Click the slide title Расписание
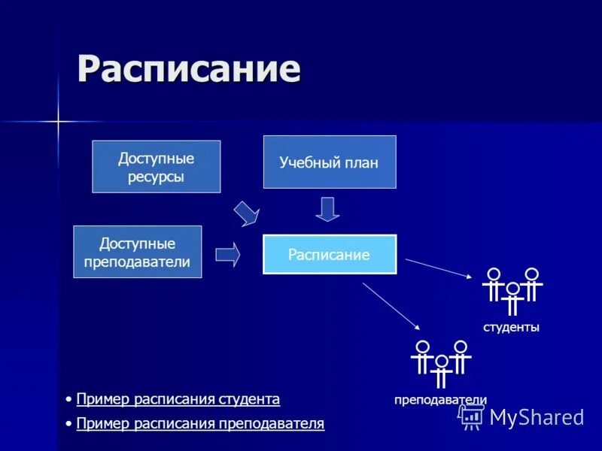click(x=189, y=69)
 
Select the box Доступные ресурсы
click(x=156, y=167)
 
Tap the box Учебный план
click(x=329, y=162)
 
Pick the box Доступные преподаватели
click(x=137, y=252)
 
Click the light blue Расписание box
click(x=329, y=254)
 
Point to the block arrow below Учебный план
click(x=327, y=209)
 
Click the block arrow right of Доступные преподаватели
click(x=227, y=254)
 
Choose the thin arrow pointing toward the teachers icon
click(x=391, y=306)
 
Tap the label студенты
click(x=511, y=328)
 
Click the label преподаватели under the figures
click(x=440, y=400)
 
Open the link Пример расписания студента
click(x=178, y=399)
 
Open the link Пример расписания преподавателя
click(x=200, y=424)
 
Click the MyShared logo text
click(x=537, y=417)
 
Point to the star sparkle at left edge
click(x=57, y=121)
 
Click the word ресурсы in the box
click(x=156, y=177)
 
